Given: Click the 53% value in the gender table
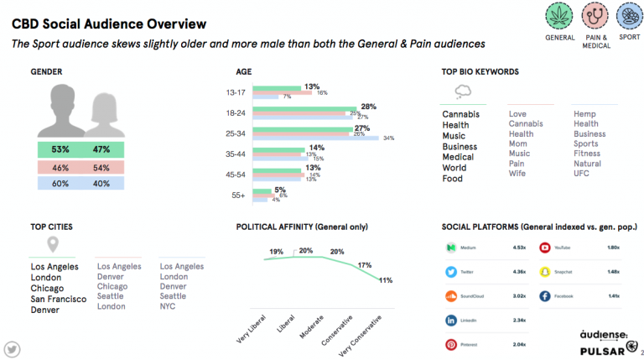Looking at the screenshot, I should pos(60,149).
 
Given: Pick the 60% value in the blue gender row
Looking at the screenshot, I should pos(60,183).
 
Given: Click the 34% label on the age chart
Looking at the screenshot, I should pos(388,138).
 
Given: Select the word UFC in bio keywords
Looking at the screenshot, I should pos(582,174).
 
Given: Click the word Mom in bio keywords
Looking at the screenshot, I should pos(517,143).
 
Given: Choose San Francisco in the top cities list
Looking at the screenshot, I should pos(58,299).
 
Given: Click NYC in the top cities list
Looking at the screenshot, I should pos(168,306).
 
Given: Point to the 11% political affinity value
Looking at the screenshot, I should pos(386,280).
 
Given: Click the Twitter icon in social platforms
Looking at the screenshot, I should pos(450,272).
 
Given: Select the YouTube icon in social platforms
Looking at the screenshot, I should pos(545,248).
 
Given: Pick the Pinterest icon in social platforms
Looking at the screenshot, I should pos(450,345).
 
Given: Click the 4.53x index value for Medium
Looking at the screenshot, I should pos(519,248).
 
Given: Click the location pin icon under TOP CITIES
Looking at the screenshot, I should pos(52,245).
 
